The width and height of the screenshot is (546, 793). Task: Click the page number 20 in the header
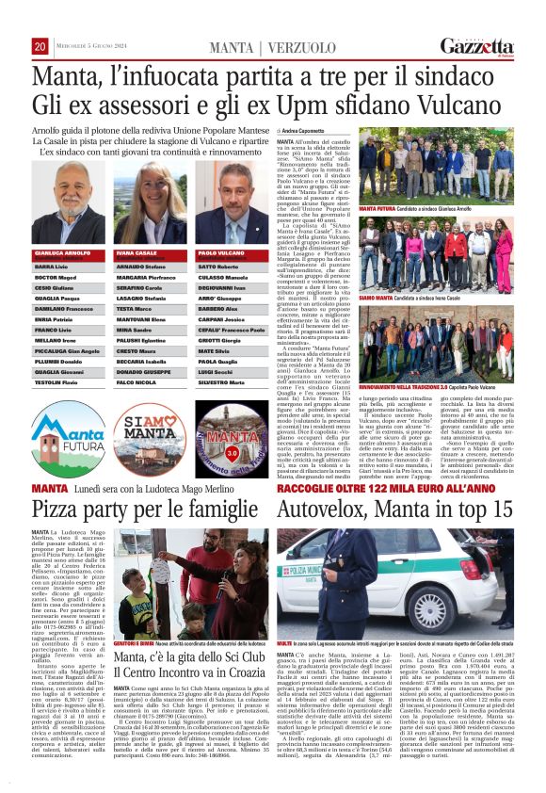click(40, 47)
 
